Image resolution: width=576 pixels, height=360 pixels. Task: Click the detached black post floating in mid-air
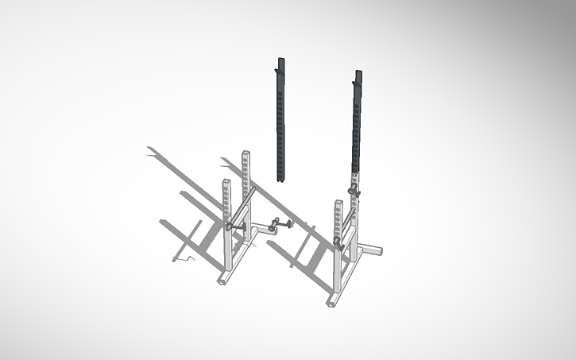point(280,119)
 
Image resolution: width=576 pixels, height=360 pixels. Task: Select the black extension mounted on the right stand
point(357,119)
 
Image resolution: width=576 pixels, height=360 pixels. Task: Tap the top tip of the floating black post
point(280,60)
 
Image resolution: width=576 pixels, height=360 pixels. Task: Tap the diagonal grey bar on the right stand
point(346,223)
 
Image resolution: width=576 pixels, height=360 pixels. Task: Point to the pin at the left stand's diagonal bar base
point(232,226)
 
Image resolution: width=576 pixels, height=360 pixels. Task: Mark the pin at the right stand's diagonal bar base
point(338,242)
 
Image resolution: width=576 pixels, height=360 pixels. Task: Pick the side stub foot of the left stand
point(261,230)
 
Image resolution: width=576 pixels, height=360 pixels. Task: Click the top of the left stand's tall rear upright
point(246,153)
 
